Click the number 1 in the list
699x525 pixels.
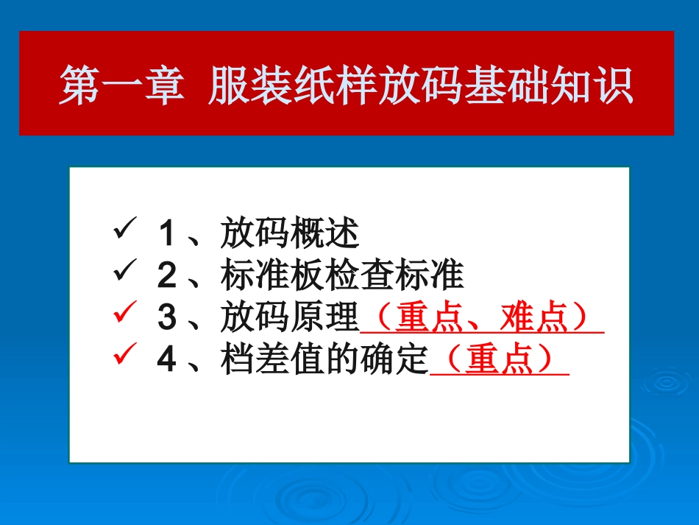[x=166, y=235]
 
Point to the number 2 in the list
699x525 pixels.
[x=167, y=277]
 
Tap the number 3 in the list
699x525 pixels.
[x=167, y=319]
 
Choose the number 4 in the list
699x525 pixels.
[x=167, y=361]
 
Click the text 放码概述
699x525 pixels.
[x=289, y=235]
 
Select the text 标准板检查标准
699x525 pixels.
[x=341, y=277]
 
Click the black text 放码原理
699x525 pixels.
[x=289, y=319]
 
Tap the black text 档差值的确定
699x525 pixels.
[x=324, y=361]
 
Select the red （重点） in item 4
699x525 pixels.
[x=500, y=361]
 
